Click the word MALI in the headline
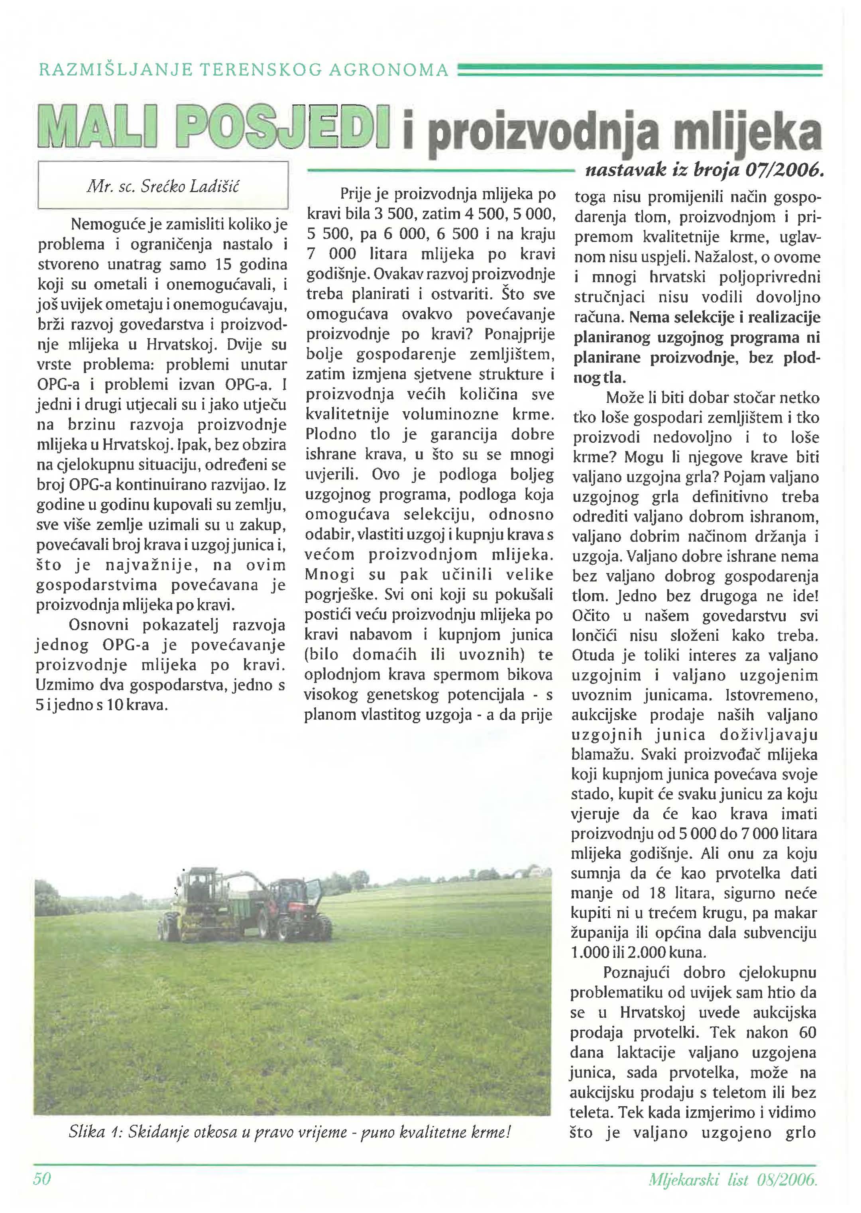point(97,129)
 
